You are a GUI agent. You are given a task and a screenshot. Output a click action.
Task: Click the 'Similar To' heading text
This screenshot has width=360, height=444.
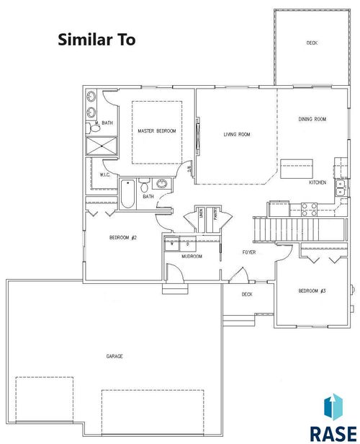click(96, 40)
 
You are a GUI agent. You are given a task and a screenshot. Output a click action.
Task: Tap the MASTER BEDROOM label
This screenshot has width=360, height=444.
click(157, 130)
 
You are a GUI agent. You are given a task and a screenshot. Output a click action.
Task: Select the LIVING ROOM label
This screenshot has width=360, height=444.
click(236, 134)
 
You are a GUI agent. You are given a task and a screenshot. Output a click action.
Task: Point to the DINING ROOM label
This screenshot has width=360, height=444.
click(313, 119)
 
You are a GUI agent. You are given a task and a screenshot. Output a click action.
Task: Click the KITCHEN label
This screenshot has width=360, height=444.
click(318, 183)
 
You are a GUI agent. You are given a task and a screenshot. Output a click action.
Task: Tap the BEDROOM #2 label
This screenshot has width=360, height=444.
click(123, 238)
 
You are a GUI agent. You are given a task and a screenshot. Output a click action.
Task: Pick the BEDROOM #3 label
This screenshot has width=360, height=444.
click(312, 290)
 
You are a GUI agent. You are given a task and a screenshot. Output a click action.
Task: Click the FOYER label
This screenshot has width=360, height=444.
click(248, 253)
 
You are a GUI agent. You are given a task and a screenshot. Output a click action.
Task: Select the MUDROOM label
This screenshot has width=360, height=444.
click(192, 257)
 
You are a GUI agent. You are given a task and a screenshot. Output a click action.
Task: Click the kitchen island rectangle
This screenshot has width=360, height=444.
click(297, 170)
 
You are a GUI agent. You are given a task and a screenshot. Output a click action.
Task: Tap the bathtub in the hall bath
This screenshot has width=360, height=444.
click(127, 192)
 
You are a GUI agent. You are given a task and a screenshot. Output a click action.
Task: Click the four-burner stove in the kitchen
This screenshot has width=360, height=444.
click(309, 209)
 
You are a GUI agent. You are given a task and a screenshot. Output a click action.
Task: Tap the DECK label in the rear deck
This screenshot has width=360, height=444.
click(312, 43)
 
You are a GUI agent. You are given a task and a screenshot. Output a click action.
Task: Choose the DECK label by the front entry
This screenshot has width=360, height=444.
click(247, 294)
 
